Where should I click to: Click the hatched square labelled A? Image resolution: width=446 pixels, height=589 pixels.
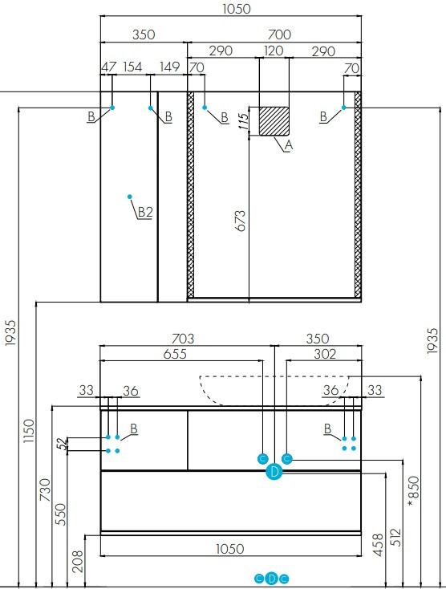click(x=274, y=121)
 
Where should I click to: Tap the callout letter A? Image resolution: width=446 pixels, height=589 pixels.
click(x=288, y=145)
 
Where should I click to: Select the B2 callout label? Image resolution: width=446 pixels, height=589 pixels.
click(x=145, y=212)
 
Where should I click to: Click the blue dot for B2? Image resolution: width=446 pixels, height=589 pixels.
click(x=129, y=197)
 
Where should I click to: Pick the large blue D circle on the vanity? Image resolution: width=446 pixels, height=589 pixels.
click(x=274, y=471)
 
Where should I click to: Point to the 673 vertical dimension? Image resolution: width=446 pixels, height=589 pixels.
click(x=241, y=221)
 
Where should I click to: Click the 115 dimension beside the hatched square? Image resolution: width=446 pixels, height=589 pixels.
click(x=244, y=121)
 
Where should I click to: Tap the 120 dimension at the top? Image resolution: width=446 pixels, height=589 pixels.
click(x=274, y=51)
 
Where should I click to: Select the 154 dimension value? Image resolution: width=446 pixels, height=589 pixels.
click(x=132, y=67)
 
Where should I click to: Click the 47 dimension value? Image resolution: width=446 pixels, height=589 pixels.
click(x=109, y=67)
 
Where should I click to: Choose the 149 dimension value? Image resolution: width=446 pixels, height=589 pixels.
click(x=170, y=67)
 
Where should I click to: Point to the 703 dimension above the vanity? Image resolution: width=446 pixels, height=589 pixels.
click(x=183, y=339)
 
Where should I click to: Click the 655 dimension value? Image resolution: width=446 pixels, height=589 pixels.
click(x=175, y=354)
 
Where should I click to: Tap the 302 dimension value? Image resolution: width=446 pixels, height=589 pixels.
click(x=325, y=354)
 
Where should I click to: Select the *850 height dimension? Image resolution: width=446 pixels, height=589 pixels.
click(x=413, y=491)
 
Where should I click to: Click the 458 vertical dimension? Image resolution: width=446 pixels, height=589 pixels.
click(x=379, y=545)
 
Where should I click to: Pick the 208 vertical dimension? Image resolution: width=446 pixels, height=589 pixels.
click(x=78, y=561)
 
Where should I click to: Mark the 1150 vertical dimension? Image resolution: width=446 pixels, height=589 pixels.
click(x=29, y=431)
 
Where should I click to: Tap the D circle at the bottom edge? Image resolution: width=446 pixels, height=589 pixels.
click(x=272, y=579)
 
